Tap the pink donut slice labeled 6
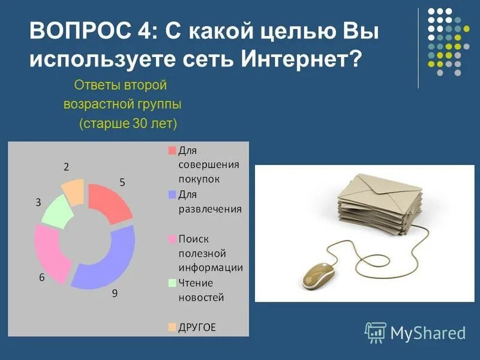(x=52, y=252)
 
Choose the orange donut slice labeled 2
(x=73, y=191)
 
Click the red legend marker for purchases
(x=172, y=150)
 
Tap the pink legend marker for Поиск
(x=172, y=239)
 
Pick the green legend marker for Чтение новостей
(x=172, y=283)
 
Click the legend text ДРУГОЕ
(x=197, y=327)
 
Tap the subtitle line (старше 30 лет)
(x=127, y=123)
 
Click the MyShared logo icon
(x=376, y=332)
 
